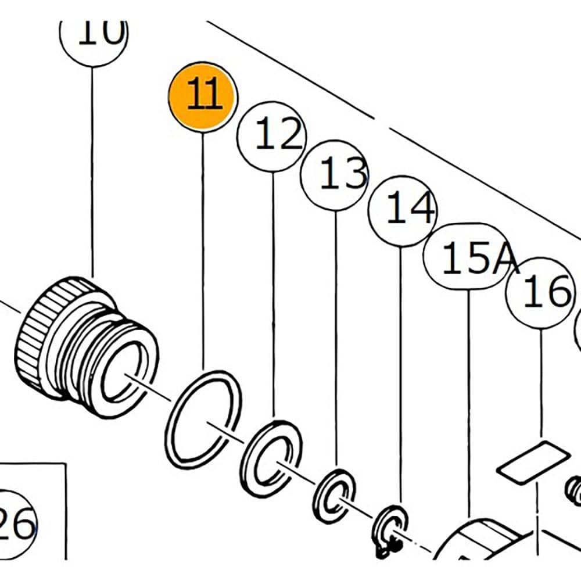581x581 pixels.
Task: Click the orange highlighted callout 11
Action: coord(203,96)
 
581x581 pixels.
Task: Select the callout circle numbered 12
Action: coord(272,136)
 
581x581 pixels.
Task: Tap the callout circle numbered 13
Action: coord(336,174)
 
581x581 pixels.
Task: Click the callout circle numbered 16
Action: coord(541,293)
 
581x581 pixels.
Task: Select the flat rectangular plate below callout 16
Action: coord(533,462)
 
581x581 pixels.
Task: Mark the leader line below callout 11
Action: coord(203,250)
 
